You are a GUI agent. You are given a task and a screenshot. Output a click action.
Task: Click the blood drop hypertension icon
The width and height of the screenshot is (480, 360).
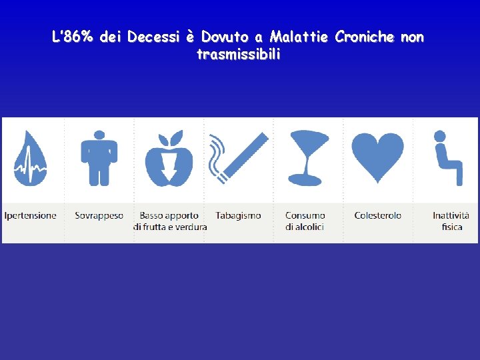click(30, 159)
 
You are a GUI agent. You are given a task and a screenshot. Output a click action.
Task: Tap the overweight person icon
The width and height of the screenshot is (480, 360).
click(99, 158)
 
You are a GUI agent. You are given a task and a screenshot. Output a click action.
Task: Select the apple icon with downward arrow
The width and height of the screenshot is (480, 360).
click(169, 159)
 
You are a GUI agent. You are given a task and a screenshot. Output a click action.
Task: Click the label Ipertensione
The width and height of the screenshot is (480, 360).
click(30, 215)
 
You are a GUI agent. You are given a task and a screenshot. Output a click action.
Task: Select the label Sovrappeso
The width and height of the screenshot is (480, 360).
click(99, 215)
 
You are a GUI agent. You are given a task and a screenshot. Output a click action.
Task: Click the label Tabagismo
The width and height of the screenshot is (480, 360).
click(238, 215)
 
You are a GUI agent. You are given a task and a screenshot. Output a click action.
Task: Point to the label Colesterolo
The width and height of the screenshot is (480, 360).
click(377, 215)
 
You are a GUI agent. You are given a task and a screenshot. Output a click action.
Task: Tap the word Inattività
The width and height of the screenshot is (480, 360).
click(451, 215)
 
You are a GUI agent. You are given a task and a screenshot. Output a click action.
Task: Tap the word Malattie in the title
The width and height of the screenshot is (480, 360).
click(299, 37)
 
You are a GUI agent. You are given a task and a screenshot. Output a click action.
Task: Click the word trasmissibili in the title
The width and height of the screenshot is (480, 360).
click(239, 55)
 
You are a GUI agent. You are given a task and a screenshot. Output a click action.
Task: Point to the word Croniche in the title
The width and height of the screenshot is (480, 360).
click(365, 37)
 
